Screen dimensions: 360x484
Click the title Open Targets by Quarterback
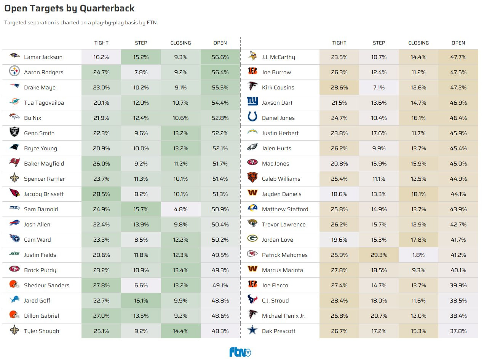69,8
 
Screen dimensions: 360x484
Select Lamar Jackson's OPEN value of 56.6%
220,57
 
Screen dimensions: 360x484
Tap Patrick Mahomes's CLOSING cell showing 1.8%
419,255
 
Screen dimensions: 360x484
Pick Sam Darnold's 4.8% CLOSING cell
181,209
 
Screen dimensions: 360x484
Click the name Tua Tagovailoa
44,103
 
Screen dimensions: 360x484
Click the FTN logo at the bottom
240,352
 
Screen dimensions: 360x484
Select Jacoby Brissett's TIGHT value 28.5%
101,194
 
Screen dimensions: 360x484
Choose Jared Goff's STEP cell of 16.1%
141,301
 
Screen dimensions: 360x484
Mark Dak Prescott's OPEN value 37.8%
458,331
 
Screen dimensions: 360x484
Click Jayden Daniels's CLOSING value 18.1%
419,194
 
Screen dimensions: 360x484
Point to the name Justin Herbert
280,133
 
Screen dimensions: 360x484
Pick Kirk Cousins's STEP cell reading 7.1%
379,88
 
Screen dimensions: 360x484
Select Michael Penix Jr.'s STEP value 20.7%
379,316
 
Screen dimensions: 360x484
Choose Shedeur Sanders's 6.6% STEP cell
141,285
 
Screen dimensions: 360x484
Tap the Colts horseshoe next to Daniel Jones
252,117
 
